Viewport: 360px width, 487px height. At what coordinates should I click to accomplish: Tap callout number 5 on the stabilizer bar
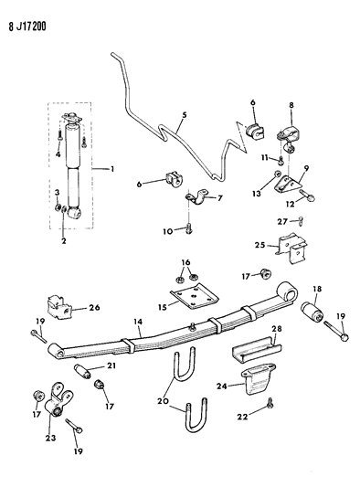coord(183,114)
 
